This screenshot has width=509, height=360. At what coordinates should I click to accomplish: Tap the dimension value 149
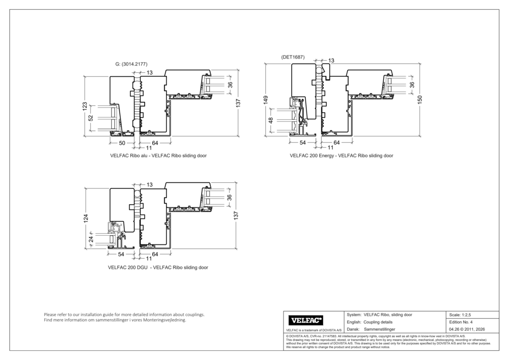pyautogui.click(x=265, y=100)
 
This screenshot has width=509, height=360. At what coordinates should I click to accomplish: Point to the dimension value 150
pyautogui.click(x=420, y=100)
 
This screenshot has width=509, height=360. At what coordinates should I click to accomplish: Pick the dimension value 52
pyautogui.click(x=91, y=118)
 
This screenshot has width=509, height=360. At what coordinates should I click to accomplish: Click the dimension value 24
pyautogui.click(x=92, y=239)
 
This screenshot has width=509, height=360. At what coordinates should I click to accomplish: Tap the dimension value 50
pyautogui.click(x=122, y=143)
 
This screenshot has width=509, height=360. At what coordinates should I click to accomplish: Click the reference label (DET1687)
pyautogui.click(x=293, y=57)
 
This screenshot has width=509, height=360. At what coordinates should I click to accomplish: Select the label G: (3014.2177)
pyautogui.click(x=131, y=64)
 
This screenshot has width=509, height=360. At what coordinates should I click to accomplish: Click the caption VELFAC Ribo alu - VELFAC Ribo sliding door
pyautogui.click(x=158, y=155)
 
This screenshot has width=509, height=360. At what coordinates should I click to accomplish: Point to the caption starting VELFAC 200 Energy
pyautogui.click(x=341, y=155)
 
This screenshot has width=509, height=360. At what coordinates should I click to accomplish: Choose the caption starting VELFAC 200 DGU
pyautogui.click(x=158, y=267)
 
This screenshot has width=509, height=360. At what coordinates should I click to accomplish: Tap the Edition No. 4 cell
pyautogui.click(x=461, y=322)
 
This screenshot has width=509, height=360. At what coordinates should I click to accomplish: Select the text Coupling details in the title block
pyautogui.click(x=377, y=322)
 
